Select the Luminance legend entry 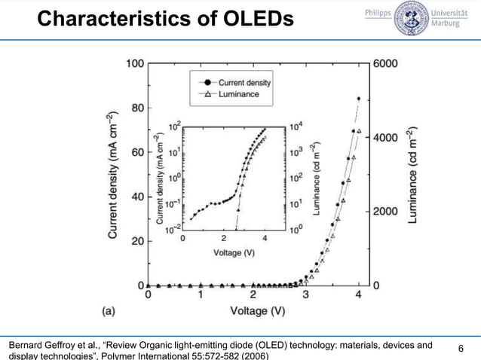click(238, 94)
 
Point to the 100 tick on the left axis click(135, 63)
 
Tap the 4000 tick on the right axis click(391, 138)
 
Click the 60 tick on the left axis click(137, 153)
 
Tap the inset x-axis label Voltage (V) click(234, 252)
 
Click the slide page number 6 click(462, 348)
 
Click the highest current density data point click(358, 99)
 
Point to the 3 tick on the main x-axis click(305, 295)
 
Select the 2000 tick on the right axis click(391, 212)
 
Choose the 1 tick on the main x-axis click(201, 295)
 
